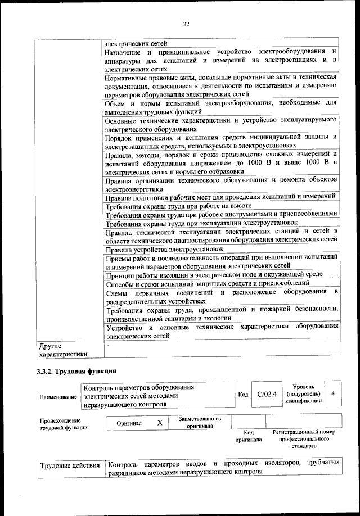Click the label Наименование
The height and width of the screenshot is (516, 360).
[x=58, y=397]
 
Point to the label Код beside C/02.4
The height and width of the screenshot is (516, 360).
[x=243, y=394]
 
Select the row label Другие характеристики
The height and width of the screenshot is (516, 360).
[x=62, y=350]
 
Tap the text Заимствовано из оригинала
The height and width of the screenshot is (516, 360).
[x=200, y=422]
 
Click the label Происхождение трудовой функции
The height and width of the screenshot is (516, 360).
[x=60, y=424]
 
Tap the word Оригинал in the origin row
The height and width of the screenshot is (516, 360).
[x=129, y=423]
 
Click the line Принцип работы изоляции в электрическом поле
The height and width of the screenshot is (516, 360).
[x=221, y=274]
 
